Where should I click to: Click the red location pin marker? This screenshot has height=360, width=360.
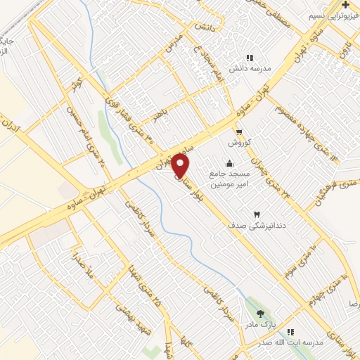[x=181, y=166]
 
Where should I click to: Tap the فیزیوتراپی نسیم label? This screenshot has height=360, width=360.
[x=334, y=15]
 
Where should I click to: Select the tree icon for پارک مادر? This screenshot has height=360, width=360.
[x=261, y=314]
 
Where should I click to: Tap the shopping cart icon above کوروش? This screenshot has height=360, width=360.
[x=239, y=132]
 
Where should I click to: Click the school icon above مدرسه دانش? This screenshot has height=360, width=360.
[x=248, y=58]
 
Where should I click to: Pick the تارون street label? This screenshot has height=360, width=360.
[x=343, y=49]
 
